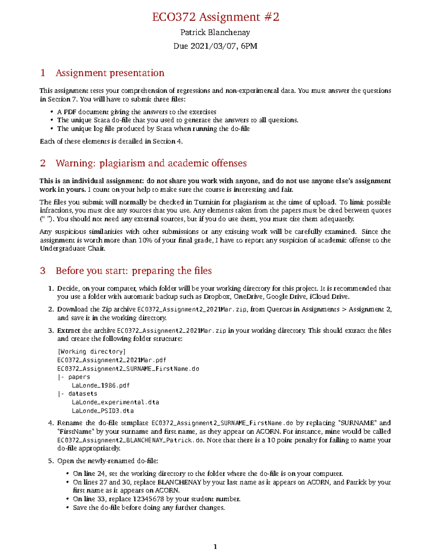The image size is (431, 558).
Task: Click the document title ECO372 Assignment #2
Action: [x=215, y=17]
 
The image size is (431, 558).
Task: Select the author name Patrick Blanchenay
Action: [x=215, y=33]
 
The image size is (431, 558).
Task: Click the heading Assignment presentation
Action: [x=110, y=73]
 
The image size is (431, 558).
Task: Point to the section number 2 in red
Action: [x=43, y=163]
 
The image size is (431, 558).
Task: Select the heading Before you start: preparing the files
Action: [x=134, y=271]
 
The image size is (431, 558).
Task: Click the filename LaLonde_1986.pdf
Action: [x=101, y=386]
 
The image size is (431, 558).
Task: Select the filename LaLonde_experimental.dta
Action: [x=115, y=402]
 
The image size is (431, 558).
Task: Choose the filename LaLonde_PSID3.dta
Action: [x=103, y=411]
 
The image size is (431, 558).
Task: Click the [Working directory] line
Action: [x=91, y=352]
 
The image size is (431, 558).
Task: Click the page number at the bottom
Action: [x=215, y=547]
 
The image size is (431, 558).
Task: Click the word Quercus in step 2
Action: [x=279, y=309]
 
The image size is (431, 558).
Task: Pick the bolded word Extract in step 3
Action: [x=69, y=331]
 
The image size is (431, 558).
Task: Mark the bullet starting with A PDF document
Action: [x=136, y=112]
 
